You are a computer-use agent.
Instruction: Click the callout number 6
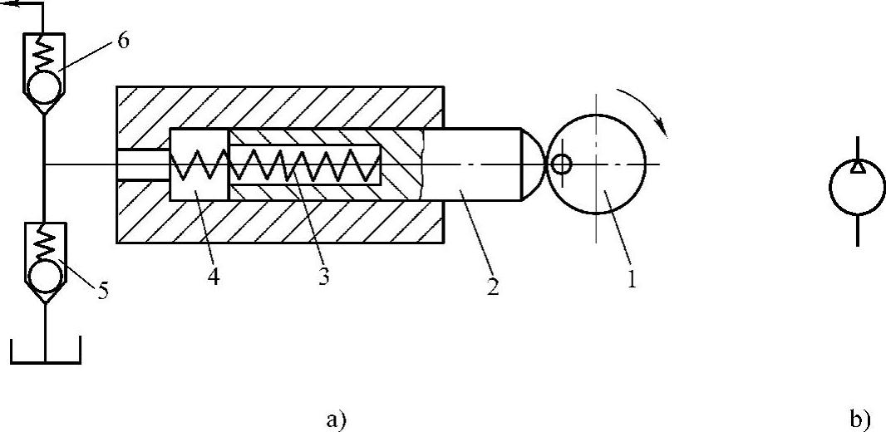coord(123,41)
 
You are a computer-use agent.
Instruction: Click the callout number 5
coord(103,292)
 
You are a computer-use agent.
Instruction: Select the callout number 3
coord(323,277)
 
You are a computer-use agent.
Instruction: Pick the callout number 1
coord(631,280)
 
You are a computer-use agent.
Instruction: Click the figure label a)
coord(335,420)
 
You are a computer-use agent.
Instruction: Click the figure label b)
coord(860,420)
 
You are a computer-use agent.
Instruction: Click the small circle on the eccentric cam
coord(562,164)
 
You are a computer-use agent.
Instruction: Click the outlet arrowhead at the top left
coord(7,5)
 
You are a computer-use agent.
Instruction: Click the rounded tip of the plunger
coord(533,163)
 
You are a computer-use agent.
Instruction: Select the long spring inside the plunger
coord(304,164)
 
